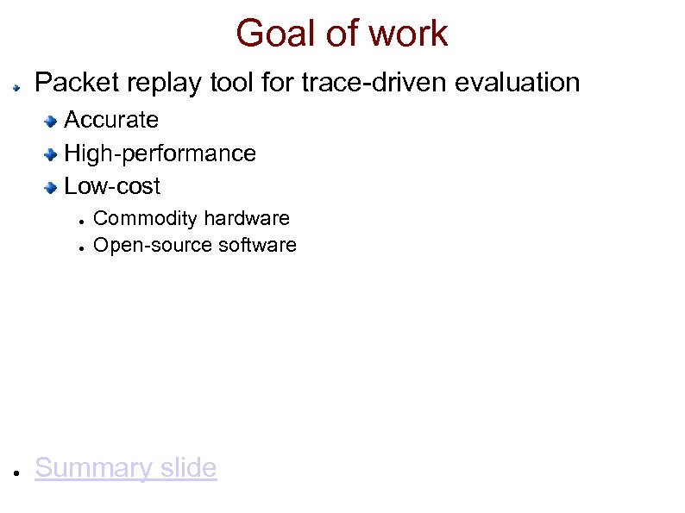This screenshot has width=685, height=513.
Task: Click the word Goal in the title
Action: (x=268, y=34)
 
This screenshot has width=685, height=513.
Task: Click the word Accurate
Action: (x=111, y=119)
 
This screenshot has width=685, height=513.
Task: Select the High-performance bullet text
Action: (x=160, y=153)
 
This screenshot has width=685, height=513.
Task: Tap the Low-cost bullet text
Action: (x=112, y=186)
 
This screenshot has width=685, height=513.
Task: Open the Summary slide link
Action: (x=125, y=468)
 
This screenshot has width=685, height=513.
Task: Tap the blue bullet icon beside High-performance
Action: (x=52, y=154)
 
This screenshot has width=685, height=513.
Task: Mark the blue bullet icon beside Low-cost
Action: (x=52, y=187)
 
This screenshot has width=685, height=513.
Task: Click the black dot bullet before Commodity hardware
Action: (x=79, y=220)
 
